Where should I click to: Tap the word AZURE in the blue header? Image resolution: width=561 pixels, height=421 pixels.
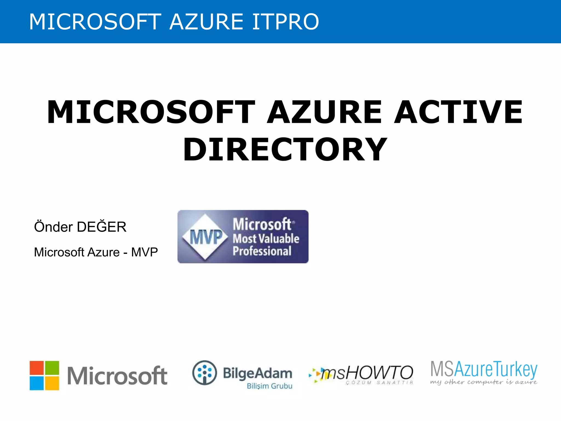coord(206,22)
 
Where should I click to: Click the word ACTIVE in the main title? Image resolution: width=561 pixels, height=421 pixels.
coord(458,112)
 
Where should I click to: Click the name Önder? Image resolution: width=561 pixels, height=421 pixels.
coord(53,227)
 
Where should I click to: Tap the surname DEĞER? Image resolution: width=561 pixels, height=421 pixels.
coord(102,227)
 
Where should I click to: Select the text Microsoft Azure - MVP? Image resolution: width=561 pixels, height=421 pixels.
coord(96,252)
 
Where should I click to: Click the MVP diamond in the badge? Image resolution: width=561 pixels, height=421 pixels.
coord(206,237)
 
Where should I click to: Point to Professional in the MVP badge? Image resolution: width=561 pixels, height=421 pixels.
coord(262,251)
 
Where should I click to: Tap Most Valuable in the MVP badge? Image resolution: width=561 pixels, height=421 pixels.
coord(266,238)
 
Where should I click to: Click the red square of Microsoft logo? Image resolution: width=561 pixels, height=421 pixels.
coord(37,368)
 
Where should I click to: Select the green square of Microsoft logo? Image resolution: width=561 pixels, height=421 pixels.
coord(52,368)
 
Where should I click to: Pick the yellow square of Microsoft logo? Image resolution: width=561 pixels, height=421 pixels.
coord(52,383)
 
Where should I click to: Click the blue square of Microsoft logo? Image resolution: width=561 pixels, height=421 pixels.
coord(37,383)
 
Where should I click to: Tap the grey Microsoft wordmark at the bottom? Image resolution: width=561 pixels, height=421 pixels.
coord(117,376)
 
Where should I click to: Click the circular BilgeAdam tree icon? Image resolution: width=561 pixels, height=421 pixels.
coord(204,373)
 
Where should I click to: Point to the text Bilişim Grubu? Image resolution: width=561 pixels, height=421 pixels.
coord(270,386)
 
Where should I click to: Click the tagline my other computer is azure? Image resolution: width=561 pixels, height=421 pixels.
coord(483,382)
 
